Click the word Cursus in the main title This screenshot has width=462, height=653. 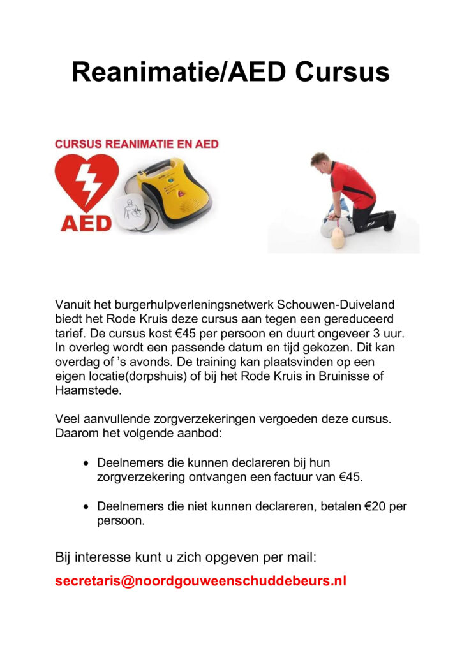(x=342, y=72)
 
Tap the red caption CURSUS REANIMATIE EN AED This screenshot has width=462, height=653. (x=137, y=144)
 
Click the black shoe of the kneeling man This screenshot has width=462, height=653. (x=390, y=221)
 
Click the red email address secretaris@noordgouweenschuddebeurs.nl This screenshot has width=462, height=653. (x=200, y=582)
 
